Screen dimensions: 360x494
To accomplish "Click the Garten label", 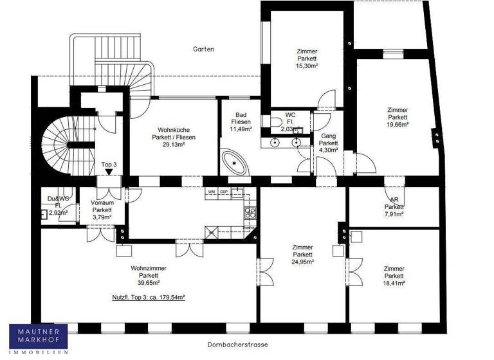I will coord(203,49).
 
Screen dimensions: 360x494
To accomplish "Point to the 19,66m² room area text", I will coord(397,125).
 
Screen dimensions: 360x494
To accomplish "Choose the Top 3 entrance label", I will coord(109,165).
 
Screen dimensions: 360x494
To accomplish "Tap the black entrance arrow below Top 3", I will coord(109,172).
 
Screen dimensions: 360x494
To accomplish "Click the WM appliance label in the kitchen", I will coord(211,192).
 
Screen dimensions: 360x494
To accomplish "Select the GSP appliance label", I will coord(224,192).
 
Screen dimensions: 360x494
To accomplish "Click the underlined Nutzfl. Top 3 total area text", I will coord(148,298).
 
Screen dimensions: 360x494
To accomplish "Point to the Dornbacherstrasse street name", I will coord(237,345).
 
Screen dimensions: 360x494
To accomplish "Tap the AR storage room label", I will coord(394,199).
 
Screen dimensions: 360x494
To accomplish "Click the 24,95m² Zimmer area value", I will coord(302,262).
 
